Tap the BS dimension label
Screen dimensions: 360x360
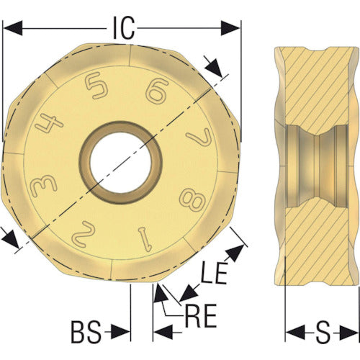tap(86, 332)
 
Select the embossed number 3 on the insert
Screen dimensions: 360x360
tap(45, 184)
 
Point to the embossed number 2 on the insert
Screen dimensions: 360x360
tap(83, 230)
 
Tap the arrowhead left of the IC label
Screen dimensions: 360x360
tap(13, 27)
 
